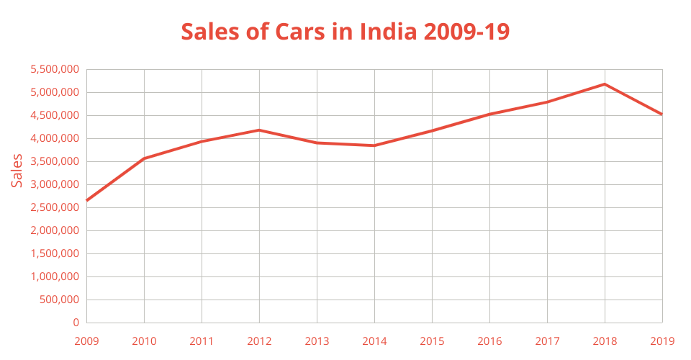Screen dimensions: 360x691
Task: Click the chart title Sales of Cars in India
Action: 345,32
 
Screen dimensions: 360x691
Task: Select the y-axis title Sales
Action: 17,171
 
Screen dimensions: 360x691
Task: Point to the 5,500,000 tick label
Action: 54,70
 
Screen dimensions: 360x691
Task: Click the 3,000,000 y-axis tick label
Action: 54,185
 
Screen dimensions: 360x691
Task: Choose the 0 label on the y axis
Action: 76,323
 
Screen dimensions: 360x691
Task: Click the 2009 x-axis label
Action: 86,340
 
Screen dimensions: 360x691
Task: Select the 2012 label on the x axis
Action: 259,340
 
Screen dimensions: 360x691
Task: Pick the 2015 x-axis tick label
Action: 432,340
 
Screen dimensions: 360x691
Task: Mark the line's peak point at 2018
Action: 605,84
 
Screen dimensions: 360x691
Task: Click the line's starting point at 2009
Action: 86,200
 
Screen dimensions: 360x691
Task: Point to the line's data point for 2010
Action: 144,158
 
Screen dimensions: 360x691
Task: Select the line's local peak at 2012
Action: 259,130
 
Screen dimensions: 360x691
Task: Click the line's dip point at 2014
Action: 374,145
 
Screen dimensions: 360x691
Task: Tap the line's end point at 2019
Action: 661,114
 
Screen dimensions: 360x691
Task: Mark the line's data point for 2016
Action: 489,114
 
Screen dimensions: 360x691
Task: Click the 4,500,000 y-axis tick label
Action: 54,116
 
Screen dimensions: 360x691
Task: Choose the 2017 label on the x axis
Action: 547,340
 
